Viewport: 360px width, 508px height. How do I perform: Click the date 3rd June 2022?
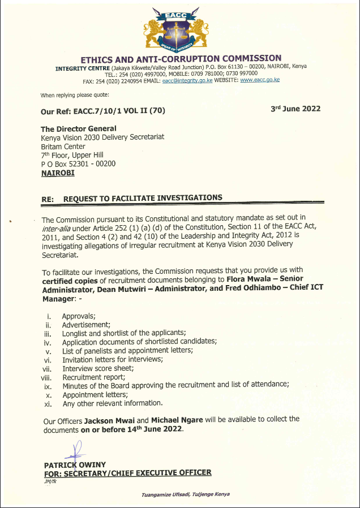(x=295, y=109)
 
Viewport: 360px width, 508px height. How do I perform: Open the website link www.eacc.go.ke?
(x=260, y=80)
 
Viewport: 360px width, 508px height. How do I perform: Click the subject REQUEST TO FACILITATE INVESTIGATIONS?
(x=143, y=198)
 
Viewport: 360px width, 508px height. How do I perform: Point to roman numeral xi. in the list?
(x=48, y=403)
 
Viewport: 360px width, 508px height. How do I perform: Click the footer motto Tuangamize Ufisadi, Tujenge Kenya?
(x=186, y=494)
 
